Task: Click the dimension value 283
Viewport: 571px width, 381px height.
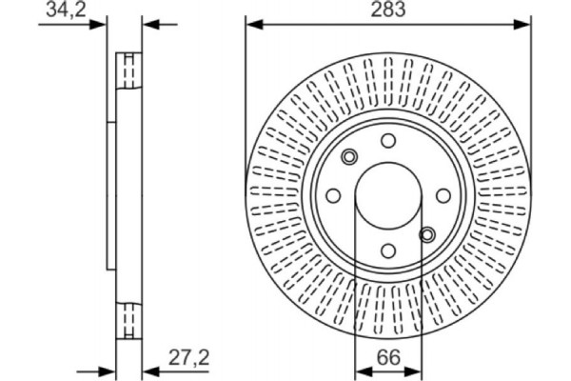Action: coord(387,10)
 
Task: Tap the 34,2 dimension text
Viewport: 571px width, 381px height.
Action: coord(61,10)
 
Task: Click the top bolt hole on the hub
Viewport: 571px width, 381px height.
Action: coord(388,141)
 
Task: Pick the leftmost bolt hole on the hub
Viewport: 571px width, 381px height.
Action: coord(333,196)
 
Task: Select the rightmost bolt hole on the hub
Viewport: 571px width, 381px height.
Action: coord(443,195)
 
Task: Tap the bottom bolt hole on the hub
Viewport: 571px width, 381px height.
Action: coord(388,251)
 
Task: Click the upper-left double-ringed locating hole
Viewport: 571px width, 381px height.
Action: coord(349,157)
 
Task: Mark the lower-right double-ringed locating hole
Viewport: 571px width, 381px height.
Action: coord(427,234)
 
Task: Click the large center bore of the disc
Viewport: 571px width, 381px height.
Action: coord(388,196)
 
